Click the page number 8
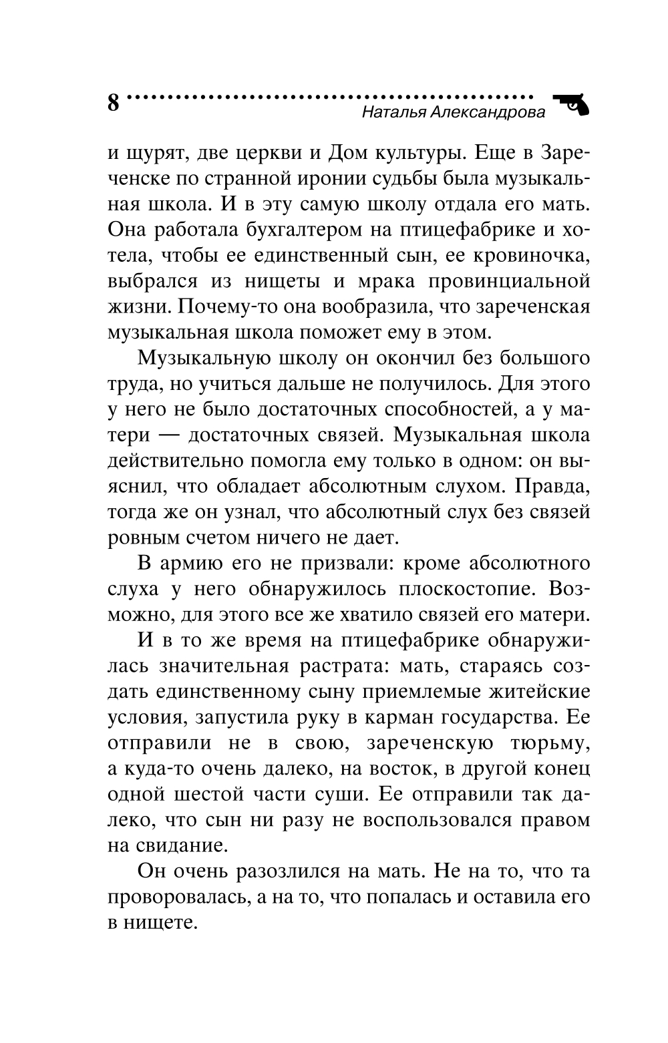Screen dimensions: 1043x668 point(113,104)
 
